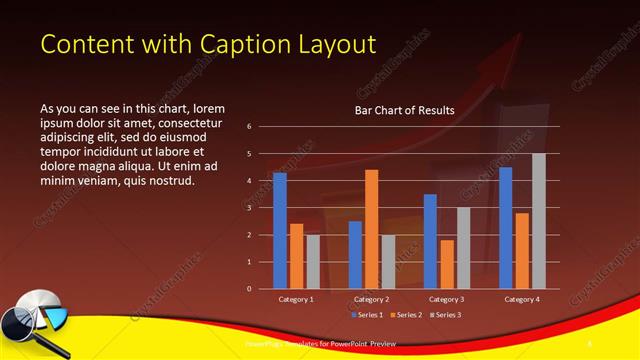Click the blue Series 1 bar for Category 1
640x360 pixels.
280,231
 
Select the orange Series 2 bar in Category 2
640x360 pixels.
371,229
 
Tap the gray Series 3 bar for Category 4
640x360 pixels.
539,221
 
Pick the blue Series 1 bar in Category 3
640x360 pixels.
430,241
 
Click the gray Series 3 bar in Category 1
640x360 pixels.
313,261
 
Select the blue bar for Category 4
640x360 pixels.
506,227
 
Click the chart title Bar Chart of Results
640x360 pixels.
404,110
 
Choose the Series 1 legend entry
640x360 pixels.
367,315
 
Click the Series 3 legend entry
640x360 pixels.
447,315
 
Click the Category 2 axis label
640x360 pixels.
371,299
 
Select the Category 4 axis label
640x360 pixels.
522,299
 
